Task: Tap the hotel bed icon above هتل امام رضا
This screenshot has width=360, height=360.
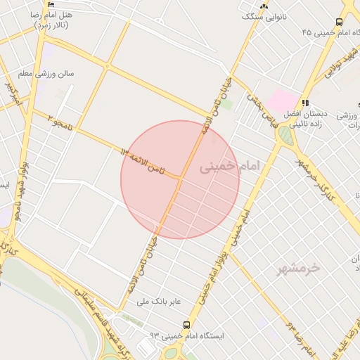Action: click(51, 5)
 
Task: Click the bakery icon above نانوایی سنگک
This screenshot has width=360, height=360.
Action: click(264, 5)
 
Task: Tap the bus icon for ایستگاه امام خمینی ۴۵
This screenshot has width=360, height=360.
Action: click(340, 22)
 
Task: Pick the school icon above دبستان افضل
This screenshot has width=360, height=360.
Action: click(305, 103)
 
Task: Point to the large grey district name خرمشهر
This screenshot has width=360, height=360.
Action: click(294, 268)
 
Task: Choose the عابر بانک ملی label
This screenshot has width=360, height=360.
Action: click(159, 302)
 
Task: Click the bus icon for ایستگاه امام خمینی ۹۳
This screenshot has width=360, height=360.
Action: click(186, 325)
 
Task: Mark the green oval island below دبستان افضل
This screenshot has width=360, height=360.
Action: click(285, 134)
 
